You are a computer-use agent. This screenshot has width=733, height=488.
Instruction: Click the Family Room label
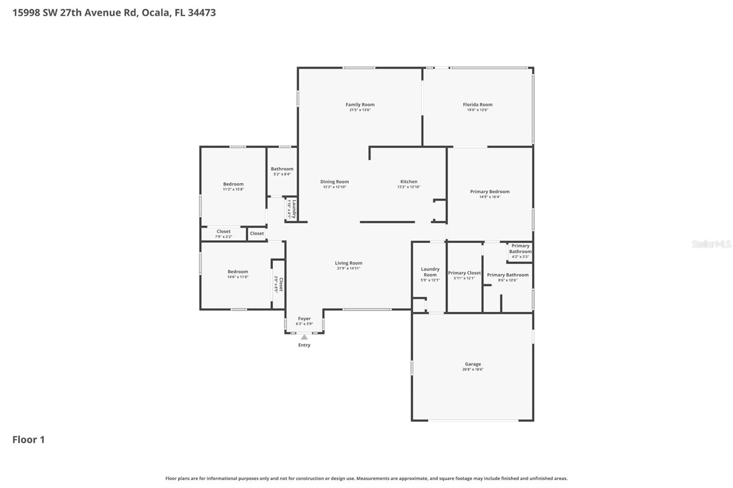pyautogui.click(x=360, y=105)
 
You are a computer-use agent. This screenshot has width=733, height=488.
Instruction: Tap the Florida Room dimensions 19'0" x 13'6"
pyautogui.click(x=477, y=110)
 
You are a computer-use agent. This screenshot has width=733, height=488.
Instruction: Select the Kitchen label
pyautogui.click(x=409, y=182)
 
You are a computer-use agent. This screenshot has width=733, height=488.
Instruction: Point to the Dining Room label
pyautogui.click(x=334, y=182)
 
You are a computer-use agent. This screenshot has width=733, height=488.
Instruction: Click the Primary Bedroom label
pyautogui.click(x=490, y=192)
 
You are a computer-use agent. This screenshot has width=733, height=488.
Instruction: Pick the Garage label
pyautogui.click(x=473, y=364)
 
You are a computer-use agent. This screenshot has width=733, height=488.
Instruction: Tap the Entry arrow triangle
pyautogui.click(x=304, y=337)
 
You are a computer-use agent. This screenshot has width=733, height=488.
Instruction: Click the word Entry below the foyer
pyautogui.click(x=304, y=345)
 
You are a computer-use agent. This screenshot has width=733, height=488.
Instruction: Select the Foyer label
pyautogui.click(x=304, y=319)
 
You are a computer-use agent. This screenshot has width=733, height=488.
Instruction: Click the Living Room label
pyautogui.click(x=348, y=263)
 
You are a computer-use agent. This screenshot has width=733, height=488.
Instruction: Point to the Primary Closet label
pyautogui.click(x=464, y=273)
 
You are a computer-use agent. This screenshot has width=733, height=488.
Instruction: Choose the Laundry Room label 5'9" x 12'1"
pyautogui.click(x=430, y=272)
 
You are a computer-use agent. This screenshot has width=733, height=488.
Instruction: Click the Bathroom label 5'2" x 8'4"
pyautogui.click(x=282, y=169)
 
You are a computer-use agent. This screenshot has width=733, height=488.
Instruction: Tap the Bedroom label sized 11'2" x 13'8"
pyautogui.click(x=233, y=184)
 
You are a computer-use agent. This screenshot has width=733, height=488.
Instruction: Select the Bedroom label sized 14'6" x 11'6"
pyautogui.click(x=238, y=272)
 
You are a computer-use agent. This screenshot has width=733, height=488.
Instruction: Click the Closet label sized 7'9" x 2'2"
pyautogui.click(x=224, y=232)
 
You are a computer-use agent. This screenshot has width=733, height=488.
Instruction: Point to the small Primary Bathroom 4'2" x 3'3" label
pyautogui.click(x=520, y=249)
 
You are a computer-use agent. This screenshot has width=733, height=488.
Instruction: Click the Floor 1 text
pyautogui.click(x=28, y=439)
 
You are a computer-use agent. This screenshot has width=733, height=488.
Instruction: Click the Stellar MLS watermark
pyautogui.click(x=711, y=244)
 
